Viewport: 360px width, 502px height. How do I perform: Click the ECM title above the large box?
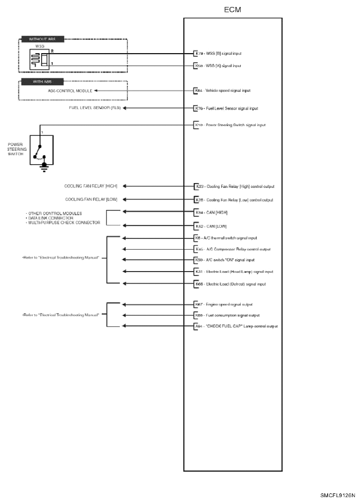point(233,10)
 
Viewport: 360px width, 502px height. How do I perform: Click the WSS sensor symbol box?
point(39,59)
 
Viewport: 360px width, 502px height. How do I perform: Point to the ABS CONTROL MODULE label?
point(69,91)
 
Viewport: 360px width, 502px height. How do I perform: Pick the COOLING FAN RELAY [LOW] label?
point(91,199)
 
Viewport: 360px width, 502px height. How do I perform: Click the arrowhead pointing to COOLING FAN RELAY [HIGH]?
point(125,186)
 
